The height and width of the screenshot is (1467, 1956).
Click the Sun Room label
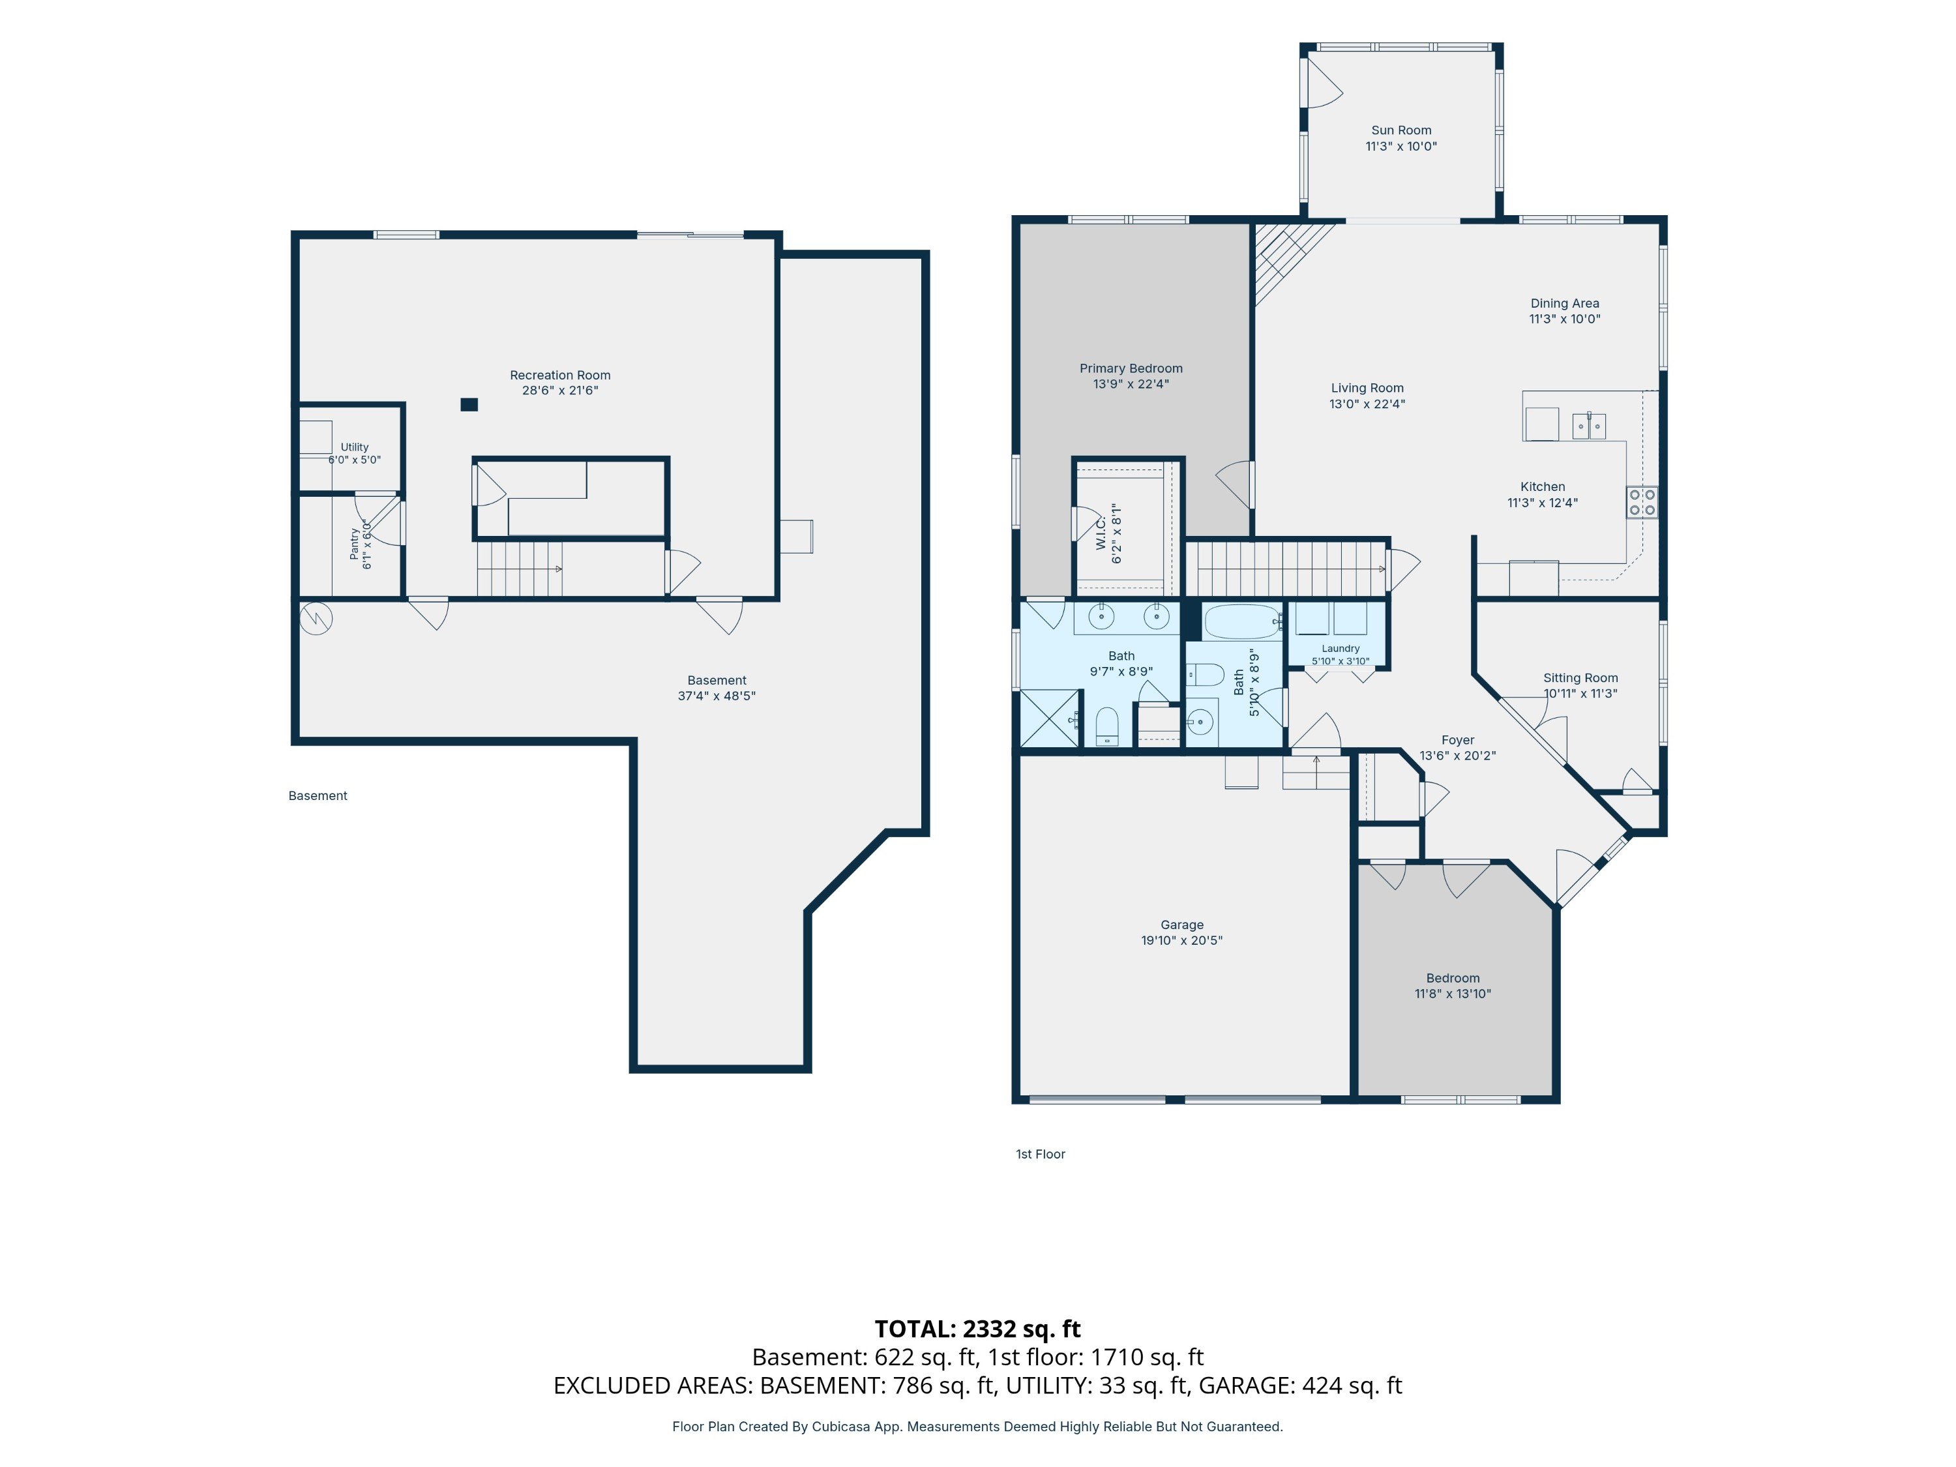click(1400, 130)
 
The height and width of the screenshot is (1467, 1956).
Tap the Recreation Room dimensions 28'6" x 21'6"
click(559, 391)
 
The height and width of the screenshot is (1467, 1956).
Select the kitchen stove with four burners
click(1642, 502)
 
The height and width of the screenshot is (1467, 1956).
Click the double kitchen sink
click(1589, 426)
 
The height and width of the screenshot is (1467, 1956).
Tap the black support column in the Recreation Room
click(469, 405)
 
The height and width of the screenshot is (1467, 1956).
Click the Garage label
click(1182, 925)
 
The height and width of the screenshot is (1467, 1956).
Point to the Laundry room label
click(1341, 648)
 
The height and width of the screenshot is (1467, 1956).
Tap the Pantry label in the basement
click(355, 544)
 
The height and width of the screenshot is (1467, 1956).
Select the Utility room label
click(355, 447)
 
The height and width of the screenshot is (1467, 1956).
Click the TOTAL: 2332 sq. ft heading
click(977, 1329)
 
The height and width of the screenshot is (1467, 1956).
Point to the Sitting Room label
click(1580, 678)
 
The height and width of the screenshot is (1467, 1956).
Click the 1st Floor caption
click(1040, 1154)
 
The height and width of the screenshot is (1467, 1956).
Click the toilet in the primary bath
click(1107, 727)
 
